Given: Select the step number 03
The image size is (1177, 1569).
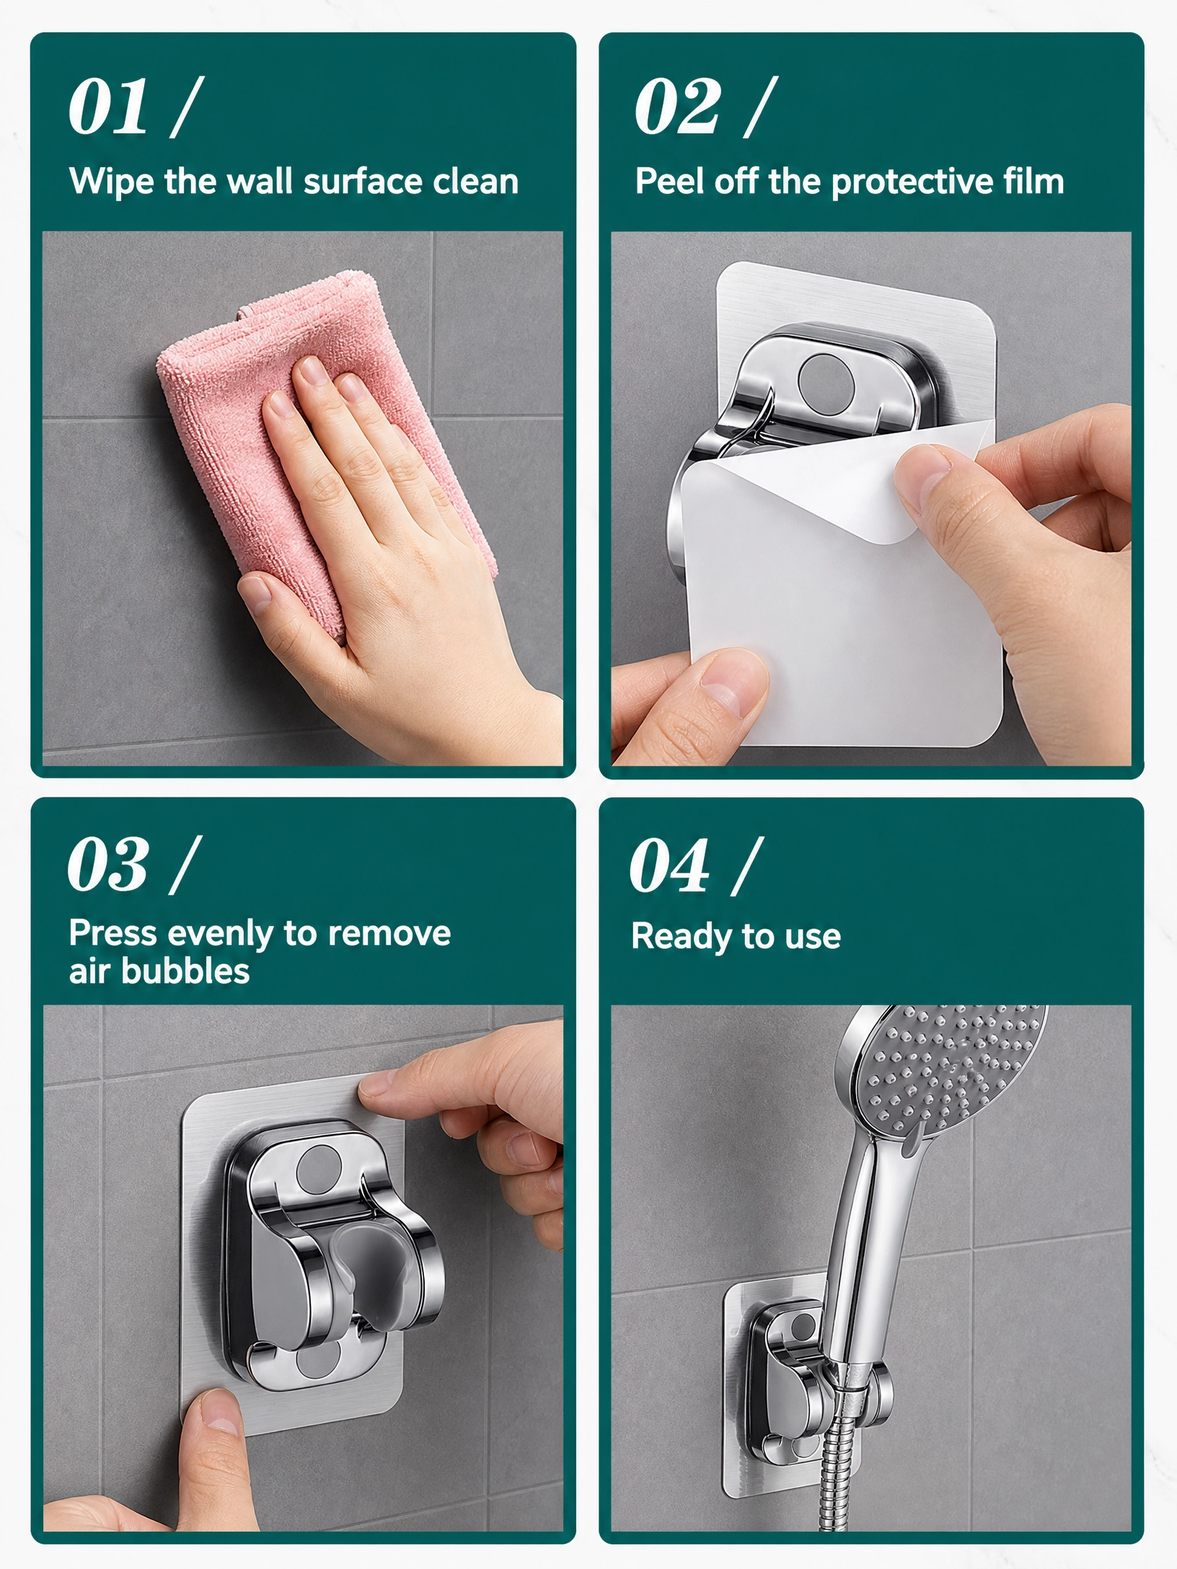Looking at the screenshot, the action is click(108, 865).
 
